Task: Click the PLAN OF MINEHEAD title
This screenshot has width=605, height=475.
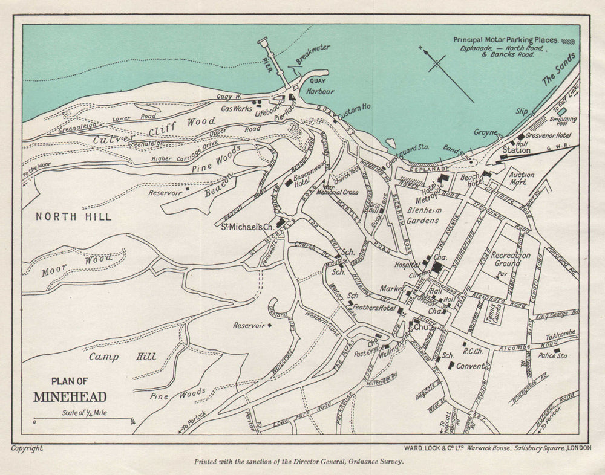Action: (x=71, y=390)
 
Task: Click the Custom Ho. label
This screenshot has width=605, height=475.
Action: (x=355, y=111)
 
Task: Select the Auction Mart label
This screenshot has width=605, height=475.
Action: (x=521, y=178)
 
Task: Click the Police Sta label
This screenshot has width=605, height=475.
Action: (x=553, y=356)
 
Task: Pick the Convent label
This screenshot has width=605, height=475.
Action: (x=470, y=366)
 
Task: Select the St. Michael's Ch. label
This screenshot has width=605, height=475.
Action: (x=247, y=227)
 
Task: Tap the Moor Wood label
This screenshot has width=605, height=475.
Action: (x=77, y=266)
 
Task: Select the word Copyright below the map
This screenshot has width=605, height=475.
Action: (x=27, y=448)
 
